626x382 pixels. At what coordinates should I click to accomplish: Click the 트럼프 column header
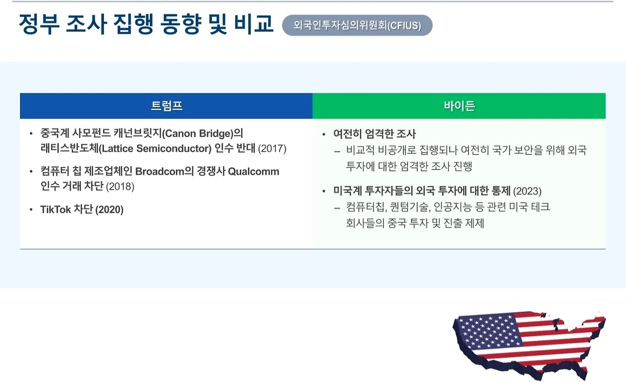[167, 106]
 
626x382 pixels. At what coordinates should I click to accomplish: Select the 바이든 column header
[459, 106]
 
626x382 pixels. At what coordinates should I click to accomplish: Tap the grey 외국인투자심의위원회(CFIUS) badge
[357, 25]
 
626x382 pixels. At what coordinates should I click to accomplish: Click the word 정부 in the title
[39, 24]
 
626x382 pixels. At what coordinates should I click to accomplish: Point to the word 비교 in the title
[254, 23]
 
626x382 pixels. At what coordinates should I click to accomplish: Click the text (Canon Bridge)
[198, 134]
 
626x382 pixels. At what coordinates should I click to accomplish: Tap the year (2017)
[272, 149]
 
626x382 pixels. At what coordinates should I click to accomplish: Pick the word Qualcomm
[253, 172]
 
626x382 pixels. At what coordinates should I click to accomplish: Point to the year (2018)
[120, 186]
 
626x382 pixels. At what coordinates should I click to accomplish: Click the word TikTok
[56, 209]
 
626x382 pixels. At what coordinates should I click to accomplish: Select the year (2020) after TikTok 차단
[109, 210]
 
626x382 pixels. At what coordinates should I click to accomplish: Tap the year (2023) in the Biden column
[527, 191]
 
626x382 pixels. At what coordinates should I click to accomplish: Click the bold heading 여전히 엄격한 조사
[375, 134]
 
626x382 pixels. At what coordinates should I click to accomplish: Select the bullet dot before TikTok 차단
[31, 210]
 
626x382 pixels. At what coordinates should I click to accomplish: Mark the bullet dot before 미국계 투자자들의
[324, 191]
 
